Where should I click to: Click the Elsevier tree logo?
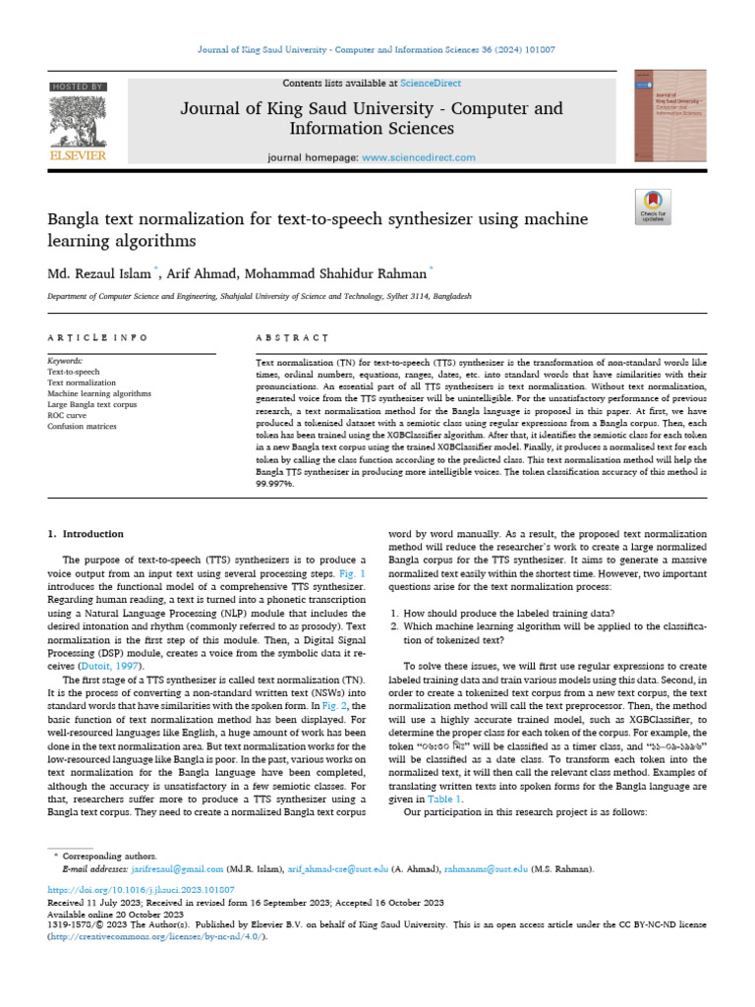pos(78,120)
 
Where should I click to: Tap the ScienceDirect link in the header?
pos(430,84)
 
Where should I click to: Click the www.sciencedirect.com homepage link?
pos(419,157)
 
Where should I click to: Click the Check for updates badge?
pos(653,206)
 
